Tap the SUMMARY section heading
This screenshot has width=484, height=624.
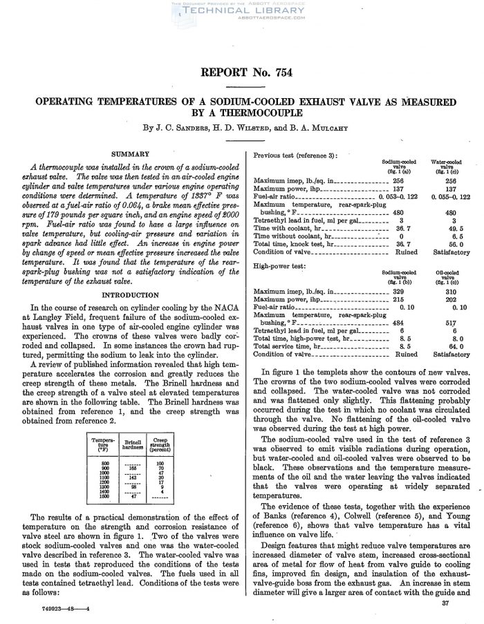point(130,153)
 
